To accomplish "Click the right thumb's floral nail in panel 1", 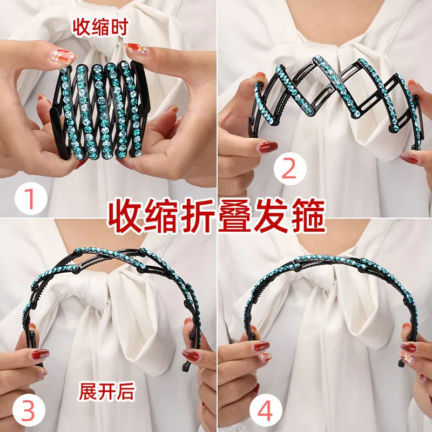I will [x=133, y=50].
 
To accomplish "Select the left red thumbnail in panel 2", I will [x=268, y=147].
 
